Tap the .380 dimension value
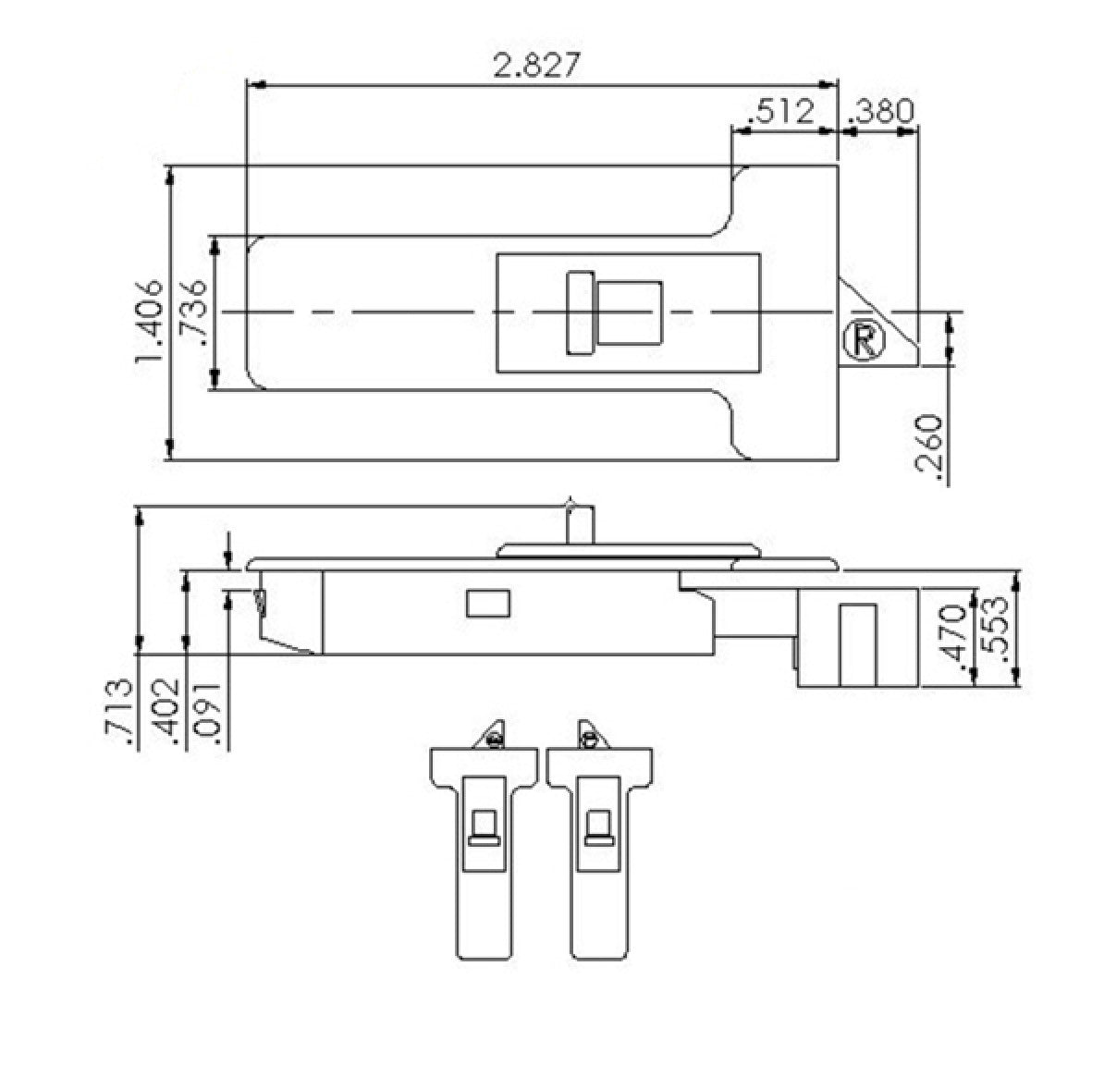point(879,111)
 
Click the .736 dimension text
point(195,312)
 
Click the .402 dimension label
point(167,712)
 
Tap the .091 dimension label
point(209,712)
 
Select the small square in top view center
point(629,313)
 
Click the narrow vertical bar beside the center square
point(581,313)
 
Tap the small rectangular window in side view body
point(488,604)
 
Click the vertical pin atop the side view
point(573,524)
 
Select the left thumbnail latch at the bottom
point(484,837)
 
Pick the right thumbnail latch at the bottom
point(600,837)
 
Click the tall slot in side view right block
point(857,644)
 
